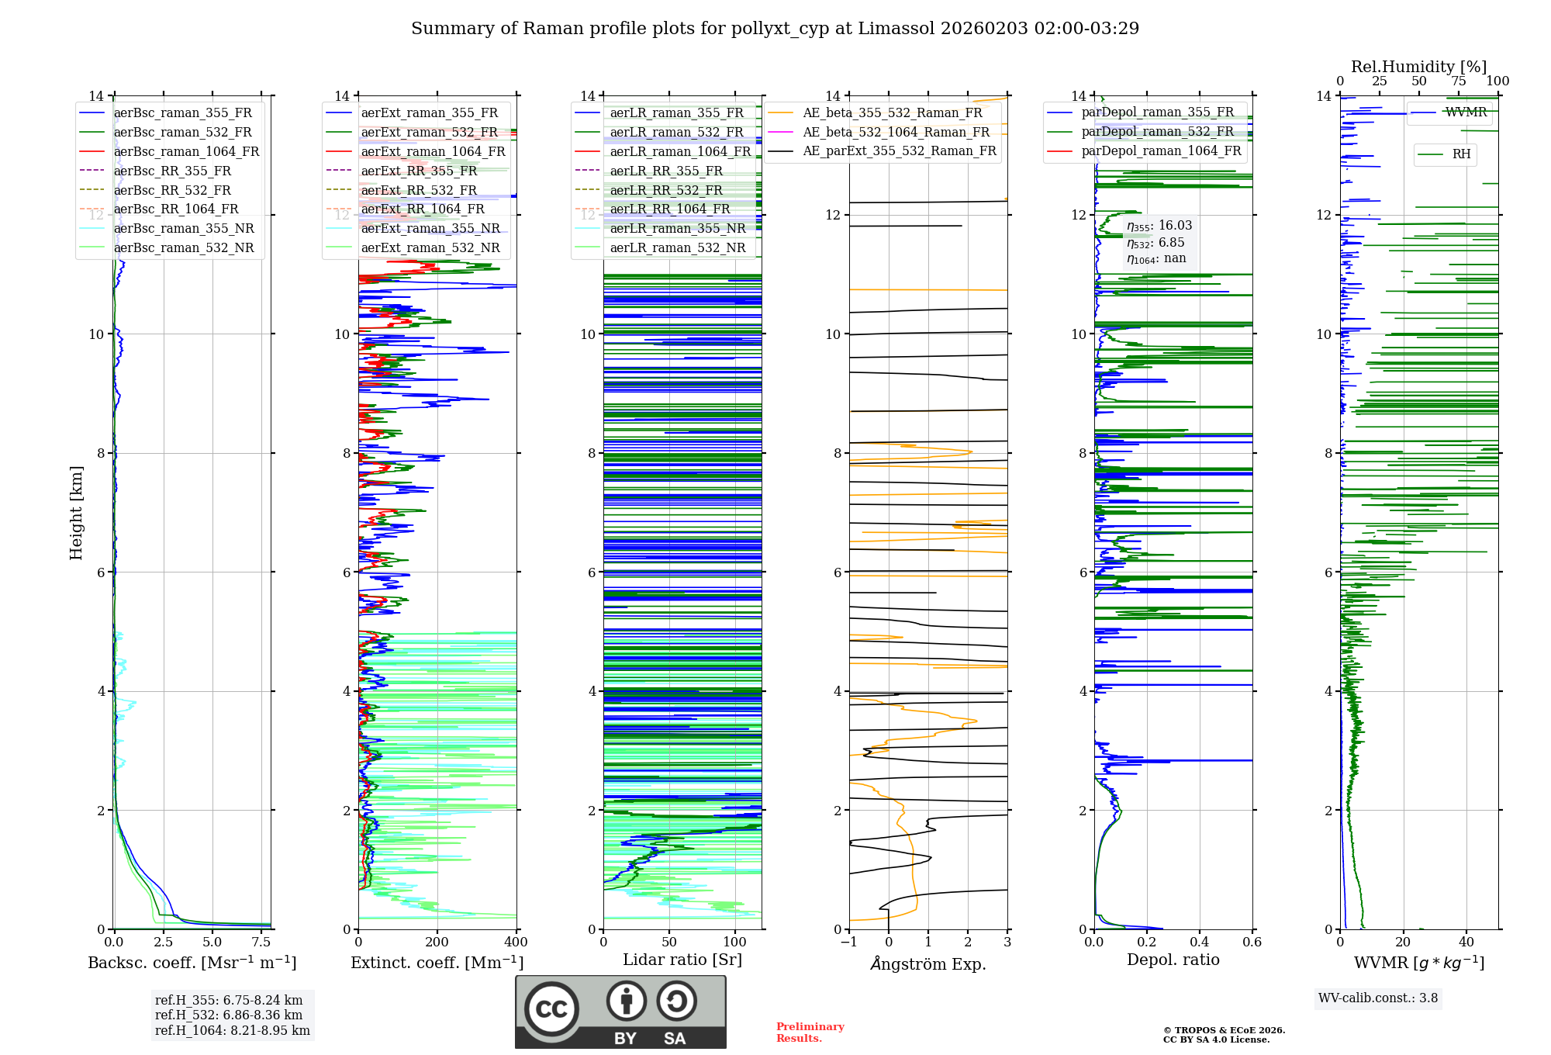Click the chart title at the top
(x=775, y=29)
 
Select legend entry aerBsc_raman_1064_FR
(x=186, y=152)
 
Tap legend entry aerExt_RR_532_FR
(x=419, y=190)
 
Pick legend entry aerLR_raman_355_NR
(x=677, y=229)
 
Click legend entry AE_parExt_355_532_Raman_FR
(x=899, y=151)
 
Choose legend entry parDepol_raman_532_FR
(x=1157, y=132)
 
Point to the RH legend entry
(x=1461, y=154)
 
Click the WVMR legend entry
(x=1466, y=112)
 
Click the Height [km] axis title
(x=76, y=513)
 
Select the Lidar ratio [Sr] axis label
(x=682, y=960)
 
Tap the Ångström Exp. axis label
(x=928, y=964)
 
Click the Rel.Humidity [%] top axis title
(x=1418, y=67)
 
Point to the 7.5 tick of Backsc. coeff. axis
(x=261, y=943)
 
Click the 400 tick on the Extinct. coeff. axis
(x=516, y=943)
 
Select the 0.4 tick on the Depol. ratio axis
(x=1200, y=943)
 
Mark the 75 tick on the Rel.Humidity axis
(x=1459, y=81)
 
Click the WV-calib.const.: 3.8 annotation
(x=1378, y=998)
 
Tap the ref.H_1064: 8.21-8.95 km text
(x=233, y=1031)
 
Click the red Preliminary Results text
(x=810, y=1033)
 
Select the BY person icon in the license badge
(x=627, y=1001)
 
